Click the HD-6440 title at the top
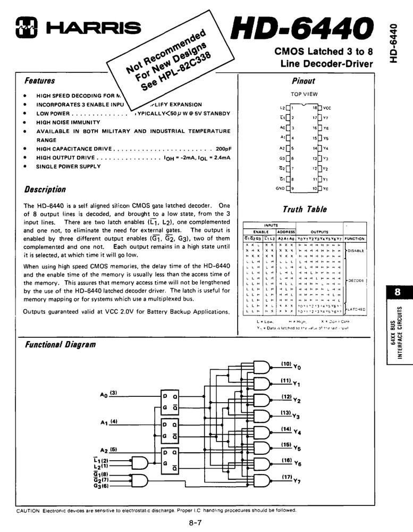pos(301,27)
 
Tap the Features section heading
pos(40,81)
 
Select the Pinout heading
pos(304,81)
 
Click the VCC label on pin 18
pos(327,107)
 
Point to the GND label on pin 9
pos(280,188)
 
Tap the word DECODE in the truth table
pos(356,280)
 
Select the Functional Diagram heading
pos(60,345)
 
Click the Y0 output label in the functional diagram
pos(297,367)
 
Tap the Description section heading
pos(45,190)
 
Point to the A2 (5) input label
pos(108,450)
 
